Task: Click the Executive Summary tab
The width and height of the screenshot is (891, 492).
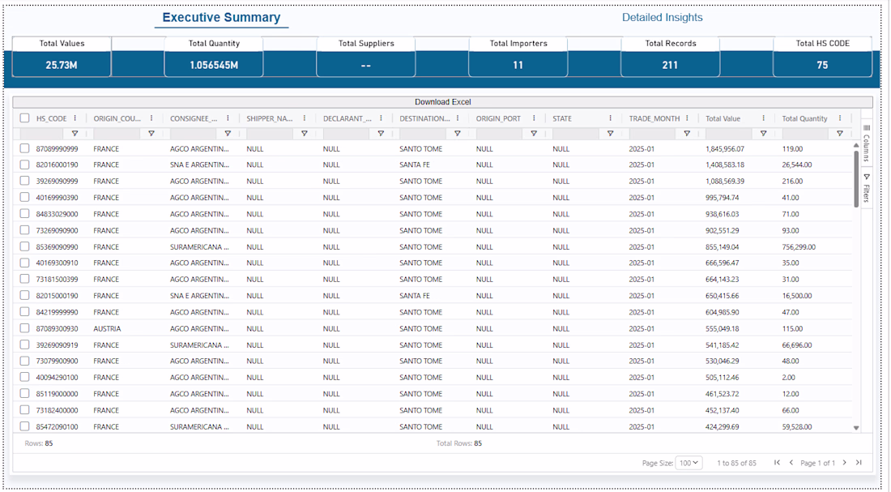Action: [x=221, y=18]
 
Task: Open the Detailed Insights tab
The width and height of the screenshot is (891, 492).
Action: [x=662, y=18]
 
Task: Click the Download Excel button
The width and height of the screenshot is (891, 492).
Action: [x=442, y=102]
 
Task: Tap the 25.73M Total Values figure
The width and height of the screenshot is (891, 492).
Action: [x=62, y=66]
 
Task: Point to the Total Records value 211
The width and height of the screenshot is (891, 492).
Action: [x=670, y=66]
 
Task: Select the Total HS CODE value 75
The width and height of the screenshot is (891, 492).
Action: [x=822, y=66]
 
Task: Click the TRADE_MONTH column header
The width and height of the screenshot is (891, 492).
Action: [x=654, y=118]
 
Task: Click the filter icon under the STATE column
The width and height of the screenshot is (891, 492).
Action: [x=610, y=134]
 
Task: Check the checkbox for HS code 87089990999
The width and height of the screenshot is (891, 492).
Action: [x=24, y=148]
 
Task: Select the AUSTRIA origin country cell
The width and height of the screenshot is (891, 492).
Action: [x=107, y=329]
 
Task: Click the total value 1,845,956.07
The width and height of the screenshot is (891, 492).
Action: [x=724, y=149]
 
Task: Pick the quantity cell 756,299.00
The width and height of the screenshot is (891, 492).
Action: [x=799, y=247]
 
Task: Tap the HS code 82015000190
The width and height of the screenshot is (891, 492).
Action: [x=57, y=297]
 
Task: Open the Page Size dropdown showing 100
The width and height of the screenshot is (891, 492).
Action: [x=688, y=463]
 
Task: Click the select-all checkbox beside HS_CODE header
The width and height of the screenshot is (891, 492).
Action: [x=24, y=118]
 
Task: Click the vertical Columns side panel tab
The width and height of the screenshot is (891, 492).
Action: [x=867, y=143]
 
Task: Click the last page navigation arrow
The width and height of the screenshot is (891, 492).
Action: [x=859, y=463]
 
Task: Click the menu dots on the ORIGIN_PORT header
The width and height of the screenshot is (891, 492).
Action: [x=534, y=118]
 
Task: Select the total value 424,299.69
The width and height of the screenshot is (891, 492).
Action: [x=723, y=427]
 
